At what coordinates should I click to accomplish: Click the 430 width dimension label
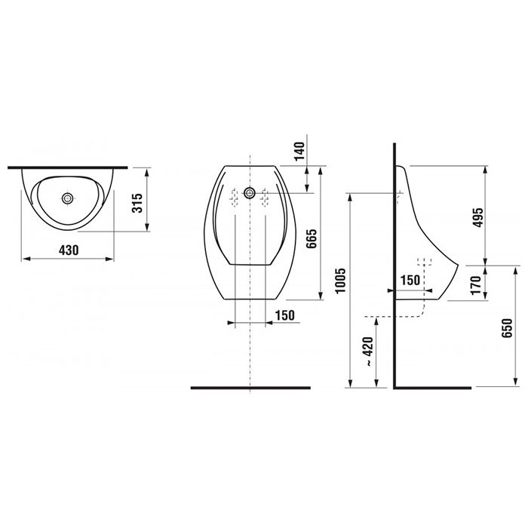(x=69, y=250)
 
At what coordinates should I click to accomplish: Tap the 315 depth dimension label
(x=137, y=203)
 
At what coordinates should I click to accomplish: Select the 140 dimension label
(x=299, y=152)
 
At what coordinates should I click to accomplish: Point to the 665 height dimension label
(x=312, y=238)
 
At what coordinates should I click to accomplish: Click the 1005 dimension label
(x=340, y=281)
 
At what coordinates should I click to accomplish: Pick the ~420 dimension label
(x=368, y=351)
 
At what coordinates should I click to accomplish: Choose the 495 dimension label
(x=477, y=217)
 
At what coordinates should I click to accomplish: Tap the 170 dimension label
(x=476, y=285)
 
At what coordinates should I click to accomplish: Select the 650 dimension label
(x=507, y=327)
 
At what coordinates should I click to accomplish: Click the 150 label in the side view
(x=410, y=280)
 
